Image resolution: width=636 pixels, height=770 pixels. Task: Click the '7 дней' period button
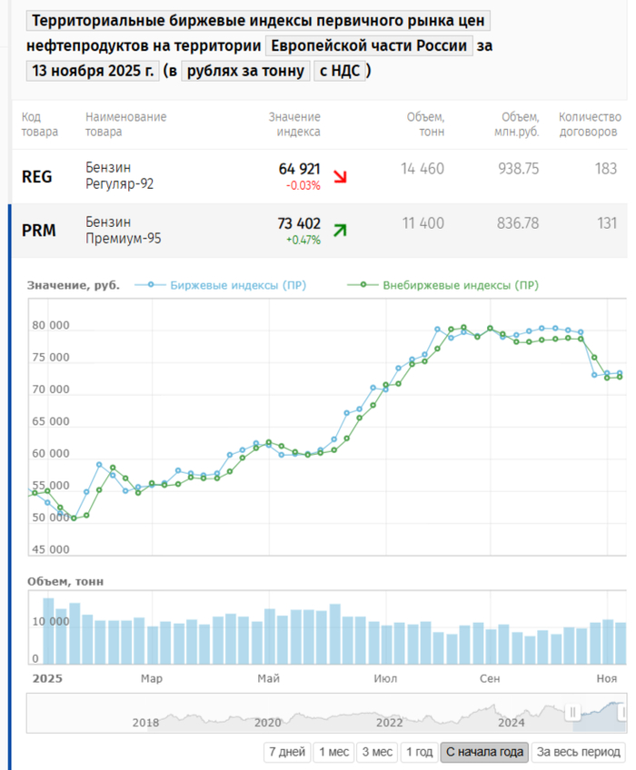(286, 752)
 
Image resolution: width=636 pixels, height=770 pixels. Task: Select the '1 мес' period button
(333, 752)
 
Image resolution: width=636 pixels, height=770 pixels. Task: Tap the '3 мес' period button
(376, 752)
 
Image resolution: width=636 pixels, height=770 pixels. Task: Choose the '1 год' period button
(419, 752)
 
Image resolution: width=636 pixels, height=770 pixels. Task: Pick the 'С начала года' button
(485, 752)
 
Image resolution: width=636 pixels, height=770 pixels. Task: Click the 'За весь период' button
(578, 752)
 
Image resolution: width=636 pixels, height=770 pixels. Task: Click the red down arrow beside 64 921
(340, 177)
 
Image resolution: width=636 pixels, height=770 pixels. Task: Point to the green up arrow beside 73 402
(340, 231)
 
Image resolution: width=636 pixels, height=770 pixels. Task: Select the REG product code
(37, 177)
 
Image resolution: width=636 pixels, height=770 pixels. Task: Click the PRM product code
(39, 231)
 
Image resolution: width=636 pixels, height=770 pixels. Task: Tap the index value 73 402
(299, 223)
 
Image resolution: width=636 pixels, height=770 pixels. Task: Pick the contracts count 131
(606, 223)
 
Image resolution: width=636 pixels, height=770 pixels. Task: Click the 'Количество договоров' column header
(588, 124)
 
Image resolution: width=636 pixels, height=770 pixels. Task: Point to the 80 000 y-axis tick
(51, 326)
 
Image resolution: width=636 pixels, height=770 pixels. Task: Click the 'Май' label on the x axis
(268, 678)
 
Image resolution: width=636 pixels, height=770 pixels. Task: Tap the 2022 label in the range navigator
(390, 723)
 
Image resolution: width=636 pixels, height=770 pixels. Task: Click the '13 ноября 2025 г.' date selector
(92, 71)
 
